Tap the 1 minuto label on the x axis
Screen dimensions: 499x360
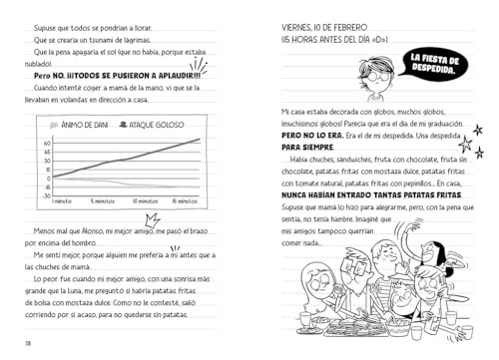(61, 201)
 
